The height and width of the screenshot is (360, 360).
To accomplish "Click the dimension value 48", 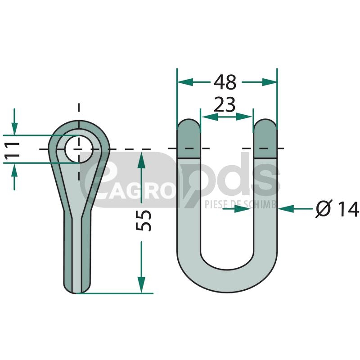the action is point(225,82).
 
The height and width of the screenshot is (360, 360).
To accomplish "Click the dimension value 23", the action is point(225,104).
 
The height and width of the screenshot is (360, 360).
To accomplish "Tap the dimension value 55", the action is point(144,220).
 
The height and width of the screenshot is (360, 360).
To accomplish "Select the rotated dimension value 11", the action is point(12,149).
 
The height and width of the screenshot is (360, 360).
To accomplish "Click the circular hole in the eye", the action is point(79,149).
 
